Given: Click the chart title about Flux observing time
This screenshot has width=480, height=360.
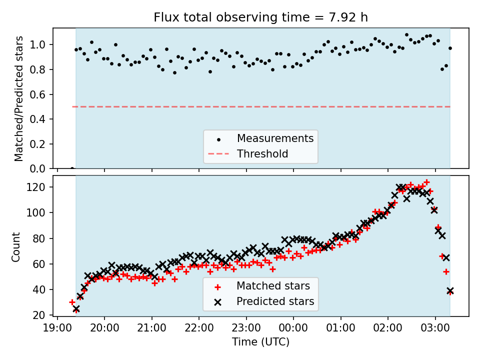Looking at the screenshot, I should pos(260,17).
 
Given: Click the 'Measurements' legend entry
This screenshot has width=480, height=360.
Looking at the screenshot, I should pos(275,138).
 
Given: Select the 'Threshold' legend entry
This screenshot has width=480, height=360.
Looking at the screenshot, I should pos(262,153).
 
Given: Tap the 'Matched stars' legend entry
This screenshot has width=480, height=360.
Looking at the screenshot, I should pos(273,286).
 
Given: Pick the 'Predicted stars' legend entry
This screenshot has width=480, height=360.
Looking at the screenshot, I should pos(275,301).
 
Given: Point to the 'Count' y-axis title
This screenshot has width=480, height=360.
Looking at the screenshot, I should pos(16,246).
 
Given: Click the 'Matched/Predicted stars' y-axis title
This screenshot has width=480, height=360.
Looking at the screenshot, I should pos(19,98).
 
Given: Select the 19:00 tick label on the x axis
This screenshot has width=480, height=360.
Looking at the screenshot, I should pos(57,329).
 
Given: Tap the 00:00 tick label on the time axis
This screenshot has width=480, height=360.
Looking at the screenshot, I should pos(293,329).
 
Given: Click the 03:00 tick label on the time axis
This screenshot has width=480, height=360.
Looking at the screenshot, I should pos(435,329).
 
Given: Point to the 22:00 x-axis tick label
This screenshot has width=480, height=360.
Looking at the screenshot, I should pos(199,329).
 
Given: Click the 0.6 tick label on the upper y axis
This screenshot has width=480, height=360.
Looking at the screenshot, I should pos(41,94).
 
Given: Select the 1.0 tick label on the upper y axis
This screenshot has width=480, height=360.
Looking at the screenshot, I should pos(41,45).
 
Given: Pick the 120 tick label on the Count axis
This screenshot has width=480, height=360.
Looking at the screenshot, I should pos(39,187).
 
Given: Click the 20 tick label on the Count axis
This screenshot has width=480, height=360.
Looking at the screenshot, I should pos(41,315).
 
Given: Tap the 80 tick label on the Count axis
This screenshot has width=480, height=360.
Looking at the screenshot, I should pos(41,238).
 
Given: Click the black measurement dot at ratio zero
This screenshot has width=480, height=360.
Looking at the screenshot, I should pos(72,168).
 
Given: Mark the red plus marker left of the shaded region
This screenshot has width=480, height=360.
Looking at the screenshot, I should pos(72,302).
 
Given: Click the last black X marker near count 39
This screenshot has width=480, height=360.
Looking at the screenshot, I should pos(450,290).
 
